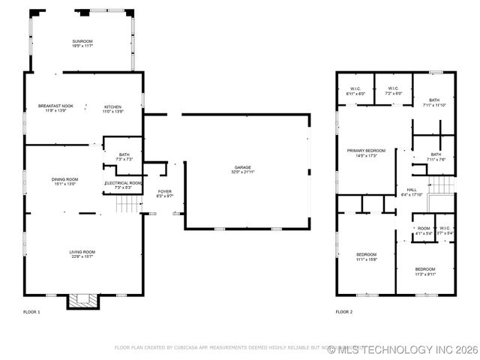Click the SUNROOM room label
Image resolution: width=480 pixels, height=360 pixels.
(82, 40)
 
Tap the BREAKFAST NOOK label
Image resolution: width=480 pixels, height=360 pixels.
(55, 106)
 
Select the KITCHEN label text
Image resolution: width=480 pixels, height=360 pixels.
(113, 106)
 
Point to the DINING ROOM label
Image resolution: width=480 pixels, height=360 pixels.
(65, 179)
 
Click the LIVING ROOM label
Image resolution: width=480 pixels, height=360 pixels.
(82, 252)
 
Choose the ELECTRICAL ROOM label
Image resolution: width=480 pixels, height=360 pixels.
(123, 183)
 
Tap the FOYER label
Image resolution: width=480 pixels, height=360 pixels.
(164, 191)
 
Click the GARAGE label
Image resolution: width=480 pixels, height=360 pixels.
(242, 167)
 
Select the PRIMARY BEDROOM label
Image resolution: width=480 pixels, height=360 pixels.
(366, 151)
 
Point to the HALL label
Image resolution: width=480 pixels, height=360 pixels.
(412, 190)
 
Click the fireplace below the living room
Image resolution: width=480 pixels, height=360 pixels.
(82, 301)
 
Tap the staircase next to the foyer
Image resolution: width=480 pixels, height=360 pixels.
(130, 202)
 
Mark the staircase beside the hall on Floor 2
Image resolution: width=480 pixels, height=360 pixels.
(444, 184)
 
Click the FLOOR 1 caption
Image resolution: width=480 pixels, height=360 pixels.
(32, 311)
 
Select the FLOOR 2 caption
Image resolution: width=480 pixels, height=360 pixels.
(344, 311)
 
